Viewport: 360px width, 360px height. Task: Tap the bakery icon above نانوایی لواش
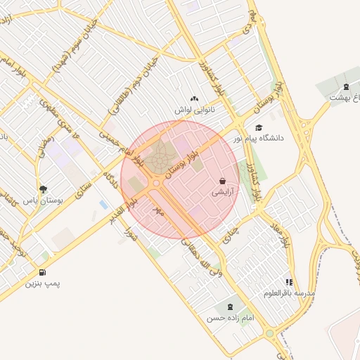pyautogui.click(x=195, y=99)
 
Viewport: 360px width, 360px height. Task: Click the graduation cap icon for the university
pyautogui.click(x=259, y=128)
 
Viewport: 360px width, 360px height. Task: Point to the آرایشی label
pyautogui.click(x=222, y=191)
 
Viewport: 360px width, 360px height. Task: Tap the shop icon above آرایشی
pyautogui.click(x=222, y=181)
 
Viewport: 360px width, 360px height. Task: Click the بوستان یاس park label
pyautogui.click(x=43, y=200)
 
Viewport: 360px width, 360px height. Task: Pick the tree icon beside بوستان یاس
pyautogui.click(x=43, y=189)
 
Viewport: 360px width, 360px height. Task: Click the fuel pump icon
pyautogui.click(x=43, y=272)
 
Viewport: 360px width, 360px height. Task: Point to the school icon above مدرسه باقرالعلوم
pyautogui.click(x=290, y=282)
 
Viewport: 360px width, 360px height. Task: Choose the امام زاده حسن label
pyautogui.click(x=229, y=319)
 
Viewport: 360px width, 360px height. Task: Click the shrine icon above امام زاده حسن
pyautogui.click(x=229, y=307)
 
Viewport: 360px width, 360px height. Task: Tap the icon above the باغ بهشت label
pyautogui.click(x=345, y=86)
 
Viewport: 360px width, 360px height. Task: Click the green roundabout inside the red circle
pyautogui.click(x=156, y=184)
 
